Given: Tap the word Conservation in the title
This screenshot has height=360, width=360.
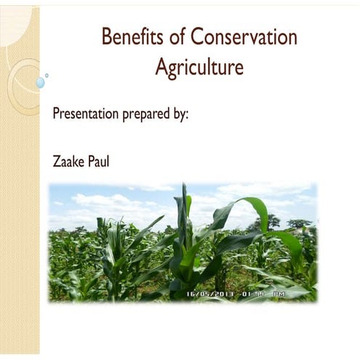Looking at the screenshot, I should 247,36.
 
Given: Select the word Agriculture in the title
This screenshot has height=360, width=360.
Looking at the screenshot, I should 199,68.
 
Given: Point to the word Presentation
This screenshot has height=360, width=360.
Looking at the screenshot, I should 87,114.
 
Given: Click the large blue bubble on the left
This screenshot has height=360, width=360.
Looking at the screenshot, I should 40,83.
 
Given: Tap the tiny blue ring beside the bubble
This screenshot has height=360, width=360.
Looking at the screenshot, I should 47,75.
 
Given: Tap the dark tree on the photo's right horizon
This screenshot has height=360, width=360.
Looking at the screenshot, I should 273,220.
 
